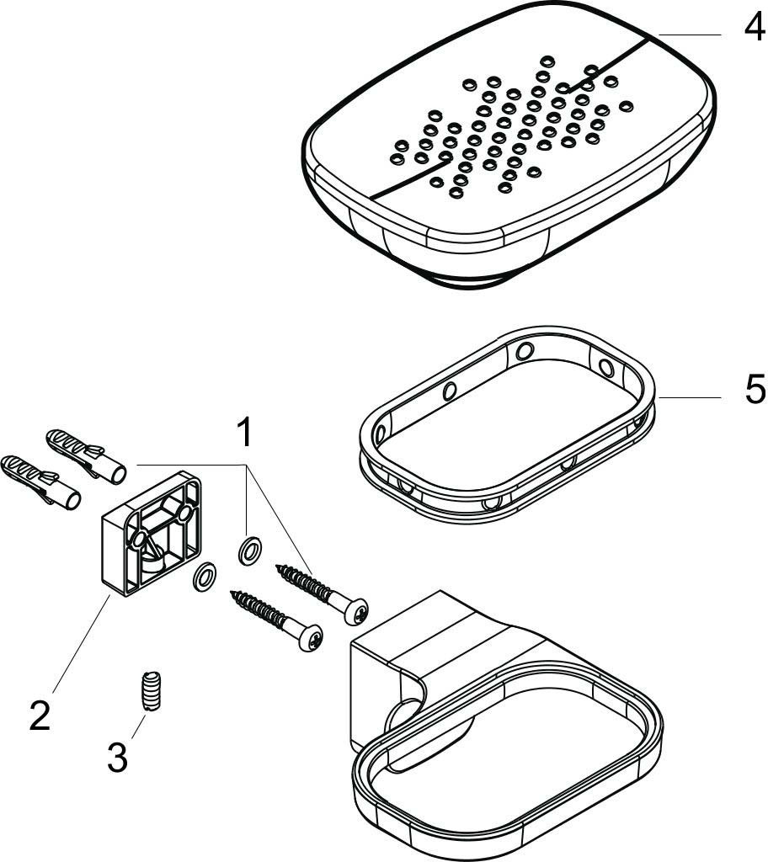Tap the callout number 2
[x=40, y=716]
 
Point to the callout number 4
[x=754, y=24]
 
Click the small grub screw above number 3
[x=150, y=692]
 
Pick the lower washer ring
[x=205, y=577]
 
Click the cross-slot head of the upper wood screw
[x=356, y=612]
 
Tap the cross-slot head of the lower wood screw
[x=311, y=639]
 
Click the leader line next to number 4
[x=690, y=35]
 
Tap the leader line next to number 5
[x=689, y=397]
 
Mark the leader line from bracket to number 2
[x=80, y=644]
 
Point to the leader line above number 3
[x=139, y=725]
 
